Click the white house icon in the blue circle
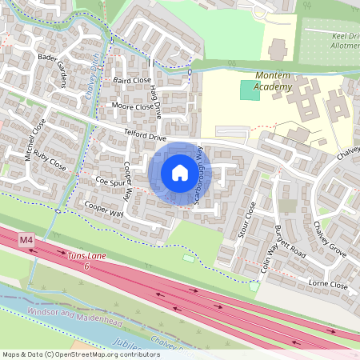click(x=180, y=173)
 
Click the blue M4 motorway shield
click(x=27, y=240)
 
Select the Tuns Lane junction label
click(x=87, y=260)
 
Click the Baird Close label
click(x=132, y=81)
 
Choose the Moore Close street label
click(x=132, y=106)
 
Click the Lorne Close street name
click(x=329, y=285)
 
